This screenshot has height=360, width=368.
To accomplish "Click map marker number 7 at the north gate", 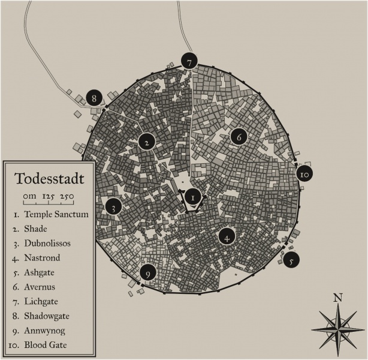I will [x=189, y=62].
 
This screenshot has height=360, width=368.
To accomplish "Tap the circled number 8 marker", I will [x=93, y=98].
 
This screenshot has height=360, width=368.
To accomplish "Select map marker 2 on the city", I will [x=147, y=142].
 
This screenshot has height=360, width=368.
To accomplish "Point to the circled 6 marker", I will [x=239, y=137].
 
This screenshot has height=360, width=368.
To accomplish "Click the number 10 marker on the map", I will [x=304, y=174].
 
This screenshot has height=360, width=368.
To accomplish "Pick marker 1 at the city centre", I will [x=192, y=196].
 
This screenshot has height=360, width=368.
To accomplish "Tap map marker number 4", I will [x=227, y=237].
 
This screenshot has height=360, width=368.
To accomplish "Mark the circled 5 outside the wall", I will [x=291, y=261].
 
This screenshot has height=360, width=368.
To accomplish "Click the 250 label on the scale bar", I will [x=67, y=196].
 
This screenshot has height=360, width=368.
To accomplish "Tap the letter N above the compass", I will [x=338, y=297].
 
